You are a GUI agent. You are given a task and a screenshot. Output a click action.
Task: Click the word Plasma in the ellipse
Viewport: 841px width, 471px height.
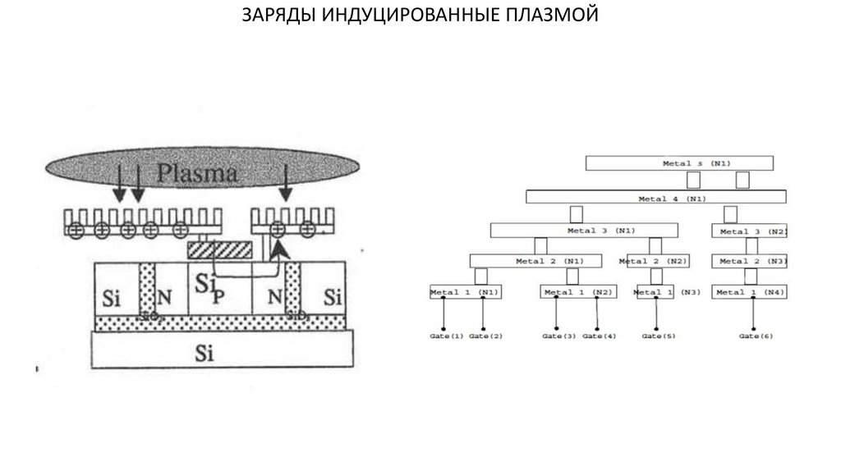(x=199, y=174)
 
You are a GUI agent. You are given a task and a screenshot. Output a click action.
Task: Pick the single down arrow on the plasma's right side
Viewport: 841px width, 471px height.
(x=285, y=182)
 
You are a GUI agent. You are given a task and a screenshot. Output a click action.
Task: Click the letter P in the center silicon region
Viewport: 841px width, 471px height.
(x=218, y=297)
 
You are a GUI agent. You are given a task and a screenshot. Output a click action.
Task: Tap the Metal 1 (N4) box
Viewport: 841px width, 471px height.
(x=750, y=292)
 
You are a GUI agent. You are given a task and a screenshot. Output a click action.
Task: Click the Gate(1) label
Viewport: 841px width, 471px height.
(x=446, y=336)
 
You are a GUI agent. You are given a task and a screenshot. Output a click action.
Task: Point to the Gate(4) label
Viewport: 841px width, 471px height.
(x=600, y=336)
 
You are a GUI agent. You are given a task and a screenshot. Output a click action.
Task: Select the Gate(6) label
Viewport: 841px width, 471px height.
(x=756, y=336)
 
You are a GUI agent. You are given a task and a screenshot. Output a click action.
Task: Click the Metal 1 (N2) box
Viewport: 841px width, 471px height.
(x=577, y=292)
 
